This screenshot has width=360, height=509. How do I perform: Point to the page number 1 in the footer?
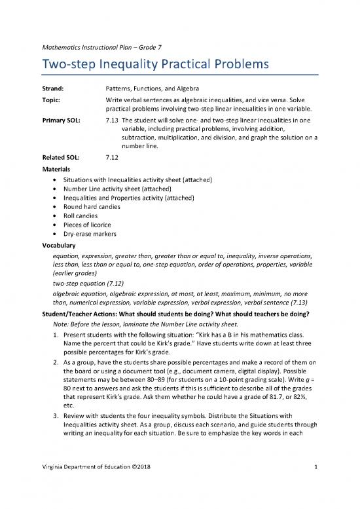(315, 485)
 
